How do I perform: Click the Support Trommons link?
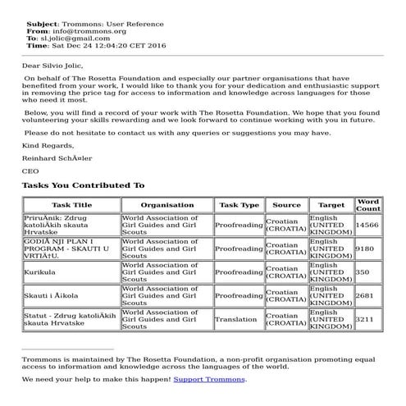coord(209,379)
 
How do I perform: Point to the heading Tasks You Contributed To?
coord(83,185)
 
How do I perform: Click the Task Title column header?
coord(72,205)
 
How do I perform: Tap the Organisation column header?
coord(167,205)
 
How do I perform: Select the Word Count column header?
coord(367,205)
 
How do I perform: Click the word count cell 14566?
coord(367,224)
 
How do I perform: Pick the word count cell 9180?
coord(364,248)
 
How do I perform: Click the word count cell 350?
coord(363,271)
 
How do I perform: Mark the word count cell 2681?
coord(365,295)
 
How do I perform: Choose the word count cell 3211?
coord(365,319)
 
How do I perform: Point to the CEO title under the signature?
coord(30,171)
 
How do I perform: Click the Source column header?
coord(286,205)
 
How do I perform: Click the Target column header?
coord(331,205)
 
